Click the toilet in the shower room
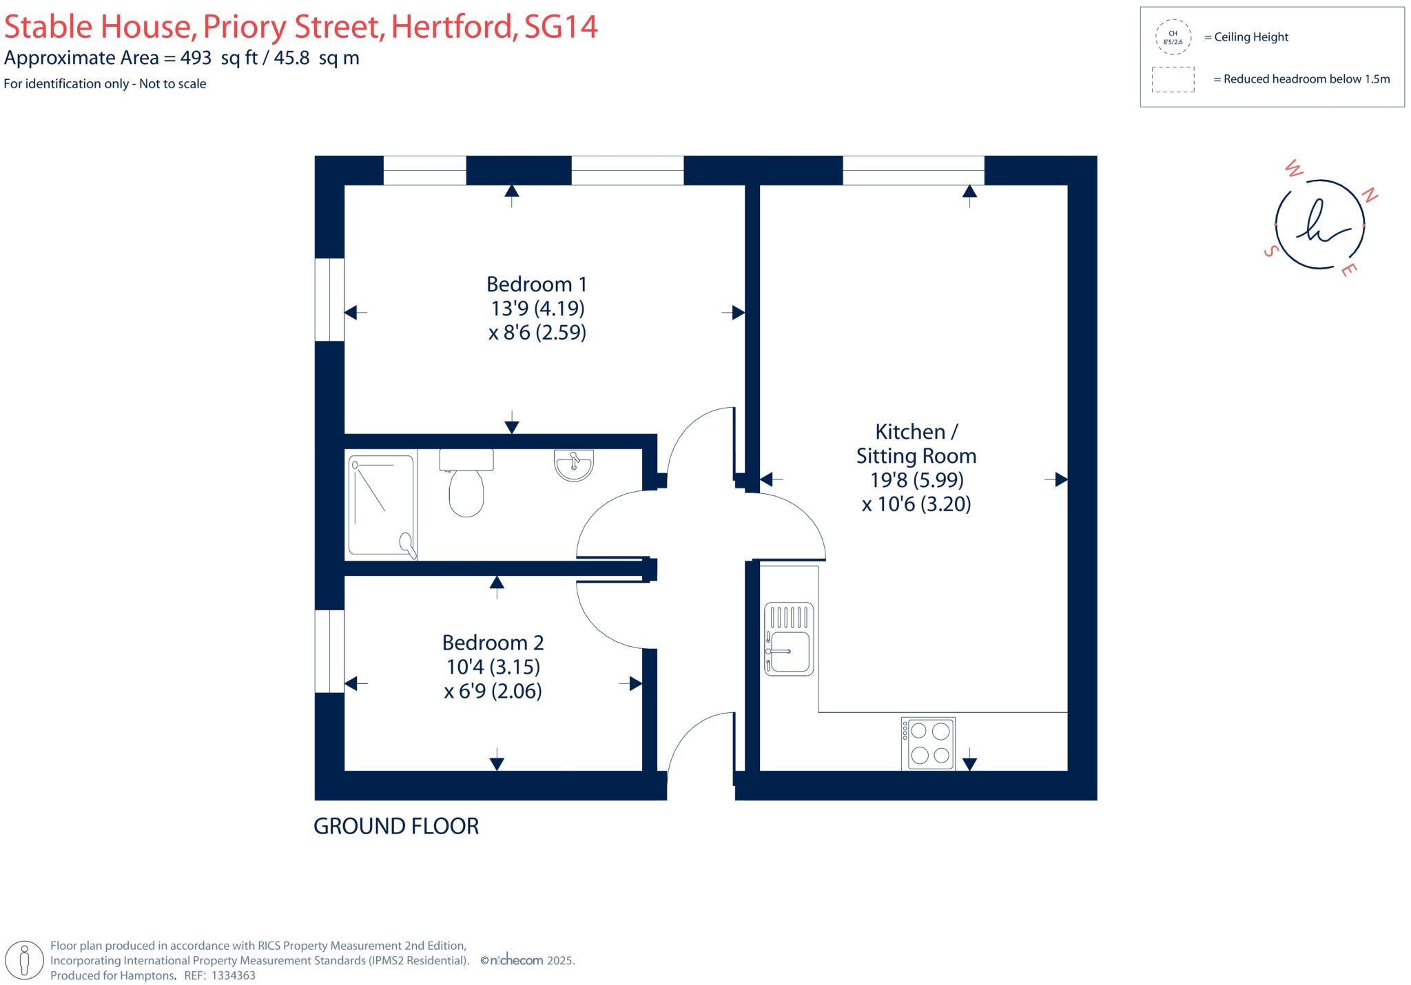pos(466,485)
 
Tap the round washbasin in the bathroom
pos(573,465)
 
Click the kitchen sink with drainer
pos(789,639)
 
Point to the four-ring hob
pos(928,743)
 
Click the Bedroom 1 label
pos(537,284)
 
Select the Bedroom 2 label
pos(493,643)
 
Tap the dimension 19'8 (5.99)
pos(916,479)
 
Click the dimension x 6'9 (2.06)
pos(493,691)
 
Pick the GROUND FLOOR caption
pos(396,826)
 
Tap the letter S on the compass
pos(1270,251)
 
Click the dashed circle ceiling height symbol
pos(1173,37)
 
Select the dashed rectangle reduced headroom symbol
pos(1173,79)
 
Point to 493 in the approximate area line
pos(196,58)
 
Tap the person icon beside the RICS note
pos(25,960)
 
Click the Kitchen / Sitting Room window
pos(913,170)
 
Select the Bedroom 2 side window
pos(329,651)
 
